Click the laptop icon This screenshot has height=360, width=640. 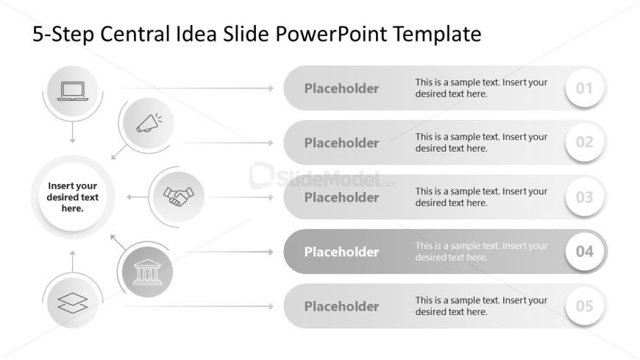(72, 91)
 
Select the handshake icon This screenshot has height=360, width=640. (178, 197)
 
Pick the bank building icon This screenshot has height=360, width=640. (147, 274)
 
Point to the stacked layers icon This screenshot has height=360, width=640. (72, 303)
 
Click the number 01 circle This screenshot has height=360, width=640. (584, 88)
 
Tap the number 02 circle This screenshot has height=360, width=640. (584, 143)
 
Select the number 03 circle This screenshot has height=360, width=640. (584, 197)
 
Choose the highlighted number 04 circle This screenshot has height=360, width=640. (584, 252)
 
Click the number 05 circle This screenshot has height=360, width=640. (584, 306)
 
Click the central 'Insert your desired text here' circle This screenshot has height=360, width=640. (72, 197)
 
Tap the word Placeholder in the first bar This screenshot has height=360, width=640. (341, 88)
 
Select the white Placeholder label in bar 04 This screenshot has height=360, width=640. (341, 252)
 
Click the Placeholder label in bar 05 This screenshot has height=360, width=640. (341, 306)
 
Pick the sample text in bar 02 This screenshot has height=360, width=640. (481, 143)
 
